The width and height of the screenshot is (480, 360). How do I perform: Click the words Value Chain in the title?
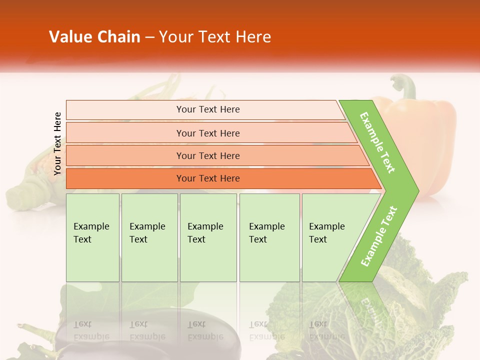tap(94, 37)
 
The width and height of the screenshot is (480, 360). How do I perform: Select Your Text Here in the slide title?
tap(215, 37)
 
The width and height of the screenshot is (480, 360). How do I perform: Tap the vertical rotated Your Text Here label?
tap(57, 144)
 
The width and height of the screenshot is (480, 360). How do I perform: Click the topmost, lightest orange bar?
tap(208, 109)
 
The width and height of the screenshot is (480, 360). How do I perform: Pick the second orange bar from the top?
tap(208, 133)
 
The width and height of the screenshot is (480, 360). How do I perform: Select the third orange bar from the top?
tap(208, 155)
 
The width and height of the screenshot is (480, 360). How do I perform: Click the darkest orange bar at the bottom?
tap(208, 178)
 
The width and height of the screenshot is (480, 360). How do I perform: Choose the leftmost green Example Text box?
tap(92, 237)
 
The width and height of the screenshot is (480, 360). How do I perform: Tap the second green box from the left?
tap(149, 237)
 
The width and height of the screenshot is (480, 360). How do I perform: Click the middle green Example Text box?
tap(208, 237)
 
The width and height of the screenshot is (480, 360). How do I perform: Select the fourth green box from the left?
tap(269, 237)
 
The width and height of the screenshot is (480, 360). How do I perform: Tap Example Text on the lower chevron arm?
tap(379, 236)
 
